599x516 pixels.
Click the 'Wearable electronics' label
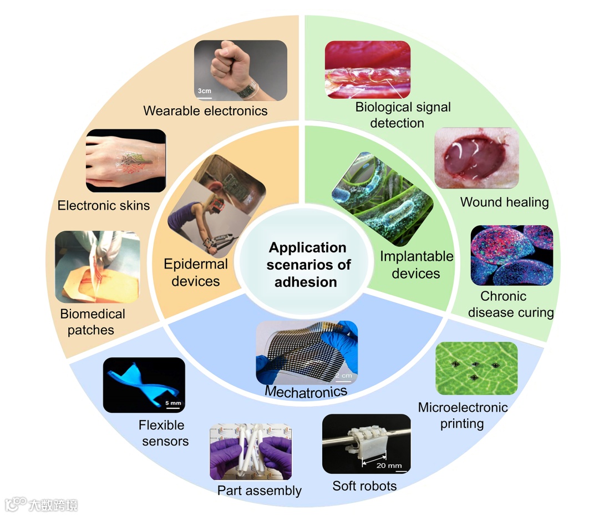pyautogui.click(x=205, y=110)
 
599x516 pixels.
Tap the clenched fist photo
pyautogui.click(x=240, y=70)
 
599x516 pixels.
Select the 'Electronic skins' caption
pyautogui.click(x=104, y=206)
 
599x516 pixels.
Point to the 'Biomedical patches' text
pyautogui.click(x=93, y=322)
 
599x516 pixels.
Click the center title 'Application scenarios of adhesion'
pyautogui.click(x=306, y=265)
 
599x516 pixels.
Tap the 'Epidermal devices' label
pyautogui.click(x=196, y=272)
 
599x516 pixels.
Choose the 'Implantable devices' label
pyautogui.click(x=417, y=265)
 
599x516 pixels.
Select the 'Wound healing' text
pyautogui.click(x=504, y=202)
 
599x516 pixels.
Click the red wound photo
pyautogui.click(x=476, y=158)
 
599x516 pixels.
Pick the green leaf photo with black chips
pyautogui.click(x=476, y=368)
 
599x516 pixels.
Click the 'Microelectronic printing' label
pyautogui.click(x=463, y=416)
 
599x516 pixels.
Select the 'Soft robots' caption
pyautogui.click(x=364, y=486)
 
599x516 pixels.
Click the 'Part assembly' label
pyautogui.click(x=259, y=490)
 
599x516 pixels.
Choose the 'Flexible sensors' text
pyautogui.click(x=164, y=433)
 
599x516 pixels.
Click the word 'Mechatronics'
pyautogui.click(x=306, y=391)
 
